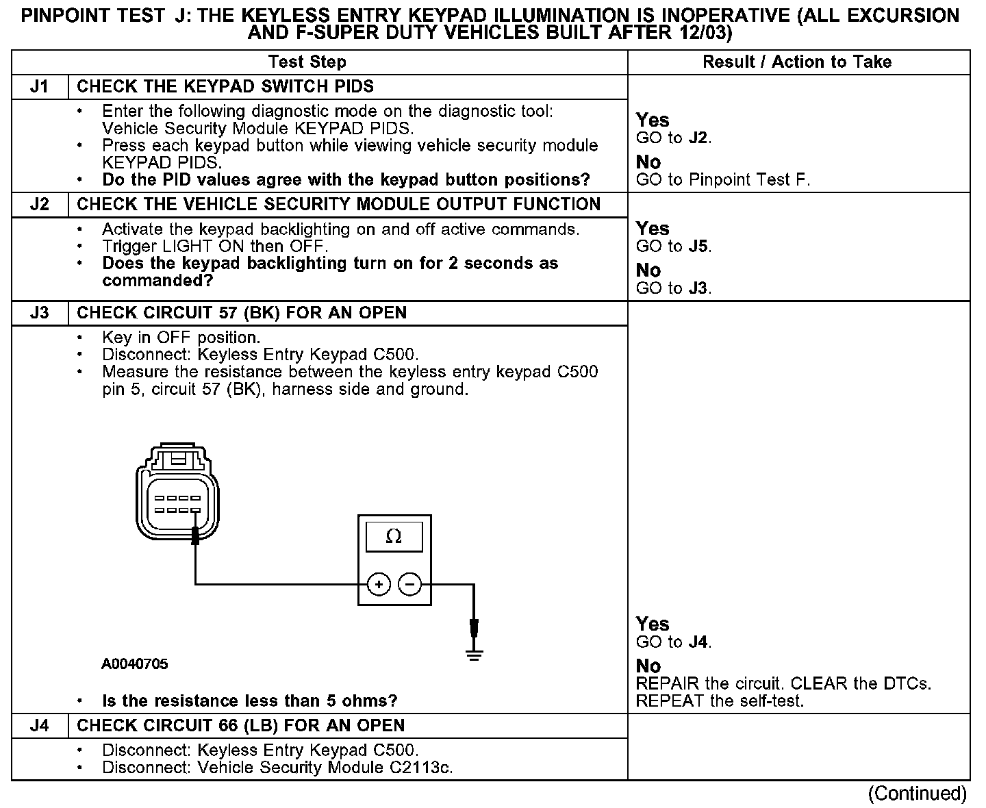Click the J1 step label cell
pyautogui.click(x=40, y=87)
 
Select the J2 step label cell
pyautogui.click(x=40, y=205)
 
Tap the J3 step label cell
pyautogui.click(x=40, y=313)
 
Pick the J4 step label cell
pyautogui.click(x=40, y=726)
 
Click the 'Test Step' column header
pyautogui.click(x=307, y=62)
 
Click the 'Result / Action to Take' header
pyautogui.click(x=797, y=62)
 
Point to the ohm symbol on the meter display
pyautogui.click(x=394, y=537)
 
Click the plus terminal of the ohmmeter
pyautogui.click(x=379, y=584)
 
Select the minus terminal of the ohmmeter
pyautogui.click(x=409, y=584)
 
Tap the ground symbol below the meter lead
pyautogui.click(x=474, y=655)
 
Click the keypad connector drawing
pyautogui.click(x=177, y=493)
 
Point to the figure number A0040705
pyautogui.click(x=135, y=664)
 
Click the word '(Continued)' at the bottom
pyautogui.click(x=917, y=794)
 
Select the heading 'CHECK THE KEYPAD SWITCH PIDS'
pyautogui.click(x=225, y=87)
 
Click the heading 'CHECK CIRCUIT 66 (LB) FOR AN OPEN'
pyautogui.click(x=240, y=726)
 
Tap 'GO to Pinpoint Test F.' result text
pyautogui.click(x=723, y=180)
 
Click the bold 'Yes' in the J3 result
pyautogui.click(x=652, y=624)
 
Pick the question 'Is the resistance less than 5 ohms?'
pyautogui.click(x=249, y=701)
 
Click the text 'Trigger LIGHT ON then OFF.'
pyautogui.click(x=215, y=247)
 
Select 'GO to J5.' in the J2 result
pyautogui.click(x=674, y=247)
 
